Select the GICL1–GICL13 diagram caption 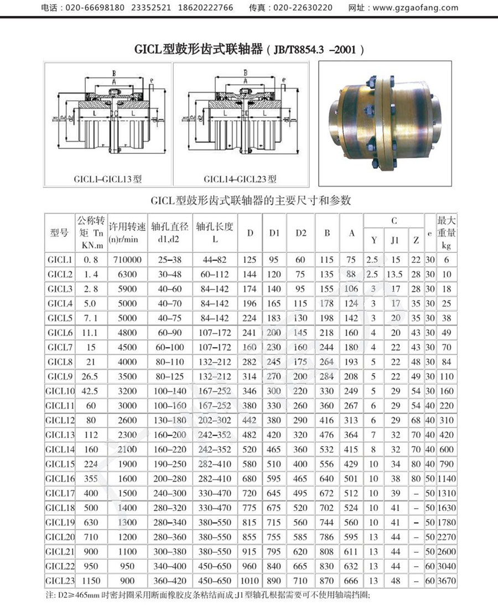108,179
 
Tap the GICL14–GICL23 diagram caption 240,179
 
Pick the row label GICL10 60,391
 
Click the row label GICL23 60,581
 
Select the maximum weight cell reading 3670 447,581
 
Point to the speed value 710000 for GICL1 127,259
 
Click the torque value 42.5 91,391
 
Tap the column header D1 274,233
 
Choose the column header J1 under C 395,240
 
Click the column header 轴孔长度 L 215,233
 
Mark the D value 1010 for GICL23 250,581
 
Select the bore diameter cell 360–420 170,581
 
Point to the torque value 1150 91,581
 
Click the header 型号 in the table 60,233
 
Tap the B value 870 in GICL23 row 327,581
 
